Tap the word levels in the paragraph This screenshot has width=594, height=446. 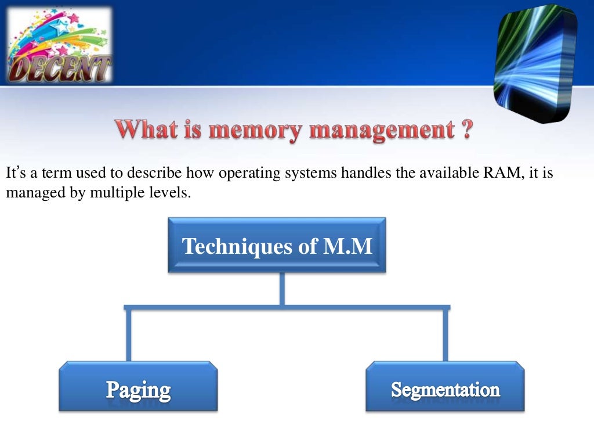[172, 193]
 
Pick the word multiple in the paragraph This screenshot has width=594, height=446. [124, 193]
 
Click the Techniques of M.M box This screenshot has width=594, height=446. [277, 246]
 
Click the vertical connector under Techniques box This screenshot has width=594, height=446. [282, 289]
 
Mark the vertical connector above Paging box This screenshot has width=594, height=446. [128, 335]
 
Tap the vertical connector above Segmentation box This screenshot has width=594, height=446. [445, 335]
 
